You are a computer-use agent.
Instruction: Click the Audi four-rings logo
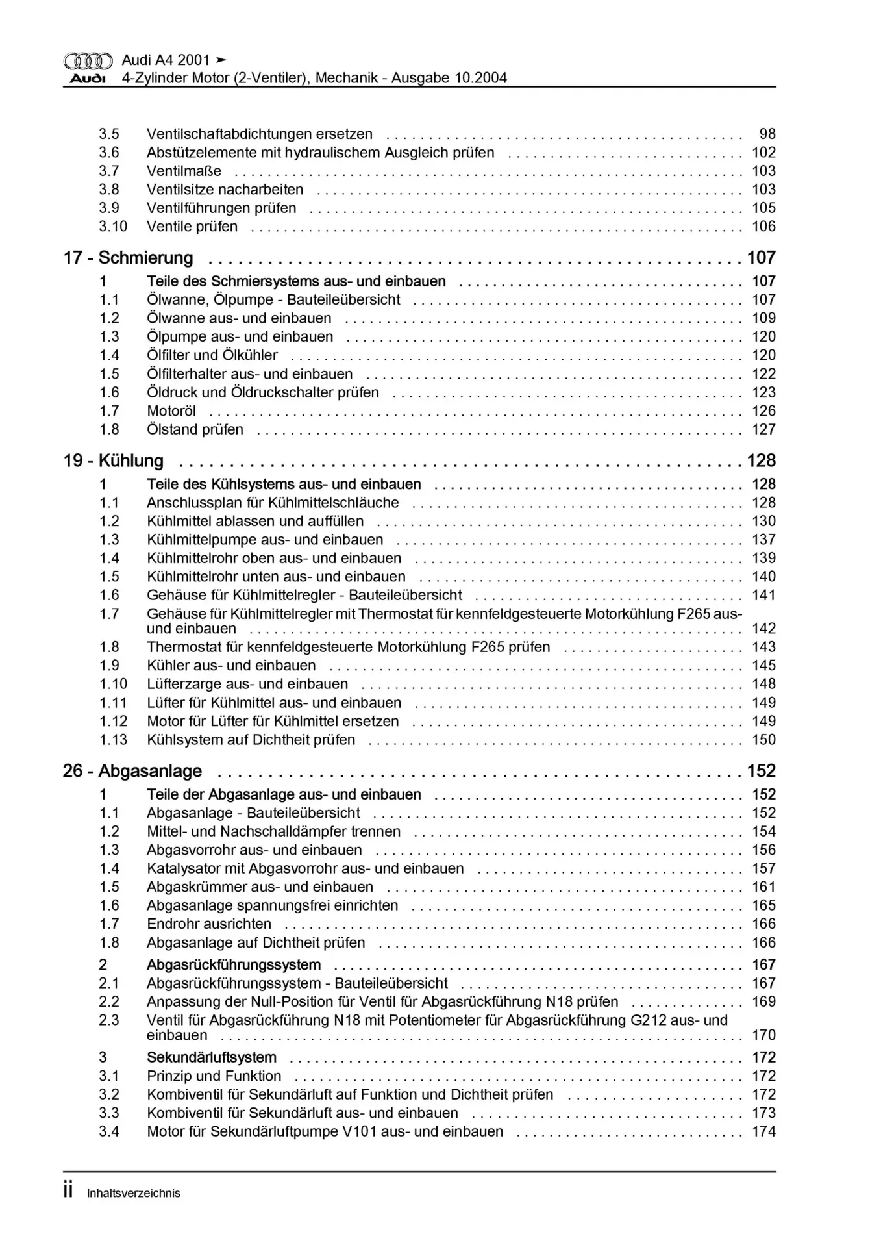point(88,62)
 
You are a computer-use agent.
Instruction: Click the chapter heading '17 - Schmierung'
point(128,258)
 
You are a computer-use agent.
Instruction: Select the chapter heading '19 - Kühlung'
point(113,460)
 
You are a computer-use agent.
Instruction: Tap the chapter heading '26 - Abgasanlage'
point(132,771)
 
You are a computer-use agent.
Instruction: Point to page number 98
point(767,134)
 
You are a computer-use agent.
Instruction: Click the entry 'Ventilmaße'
point(184,171)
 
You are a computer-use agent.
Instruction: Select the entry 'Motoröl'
point(171,411)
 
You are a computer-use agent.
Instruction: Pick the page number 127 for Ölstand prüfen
point(763,429)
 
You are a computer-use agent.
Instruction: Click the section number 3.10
point(113,227)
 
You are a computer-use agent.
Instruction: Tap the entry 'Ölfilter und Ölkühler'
point(212,355)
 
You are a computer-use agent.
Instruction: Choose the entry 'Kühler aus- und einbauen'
point(231,666)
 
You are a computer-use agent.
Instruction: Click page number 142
point(763,628)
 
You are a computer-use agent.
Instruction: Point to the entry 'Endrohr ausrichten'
point(209,924)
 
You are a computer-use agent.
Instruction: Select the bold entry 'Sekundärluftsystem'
point(212,1057)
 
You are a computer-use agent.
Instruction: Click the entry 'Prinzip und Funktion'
point(214,1076)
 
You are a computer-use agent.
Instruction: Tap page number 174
point(763,1131)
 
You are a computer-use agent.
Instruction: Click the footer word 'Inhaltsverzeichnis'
point(134,1193)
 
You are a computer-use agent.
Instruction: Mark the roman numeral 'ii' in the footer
point(68,1191)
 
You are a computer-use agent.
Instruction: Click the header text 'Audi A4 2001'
point(166,60)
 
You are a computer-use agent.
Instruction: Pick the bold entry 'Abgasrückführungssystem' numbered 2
point(234,965)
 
